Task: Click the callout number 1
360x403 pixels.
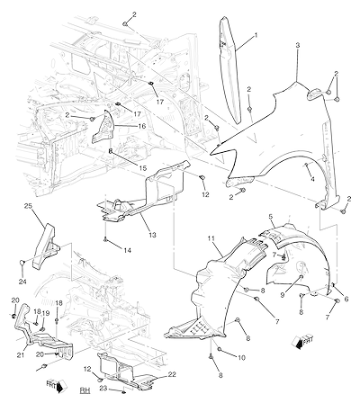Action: tap(256, 35)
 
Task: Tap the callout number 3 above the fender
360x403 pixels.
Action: tap(297, 45)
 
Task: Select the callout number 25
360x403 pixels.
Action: tap(28, 206)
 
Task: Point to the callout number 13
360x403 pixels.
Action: tap(152, 235)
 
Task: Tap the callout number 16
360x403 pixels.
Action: tap(142, 126)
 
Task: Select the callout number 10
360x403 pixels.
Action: tap(241, 358)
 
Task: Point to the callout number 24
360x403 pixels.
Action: tap(22, 282)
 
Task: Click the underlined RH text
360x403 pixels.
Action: tap(85, 390)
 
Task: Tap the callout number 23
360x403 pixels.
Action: tap(103, 388)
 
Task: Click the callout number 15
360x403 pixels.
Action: tap(143, 168)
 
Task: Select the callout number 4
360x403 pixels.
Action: tap(312, 179)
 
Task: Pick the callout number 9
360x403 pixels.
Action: tap(283, 295)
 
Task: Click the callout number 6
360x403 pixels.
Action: tap(346, 299)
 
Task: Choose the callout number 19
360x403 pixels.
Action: tap(46, 313)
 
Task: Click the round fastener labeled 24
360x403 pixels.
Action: tap(22, 263)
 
